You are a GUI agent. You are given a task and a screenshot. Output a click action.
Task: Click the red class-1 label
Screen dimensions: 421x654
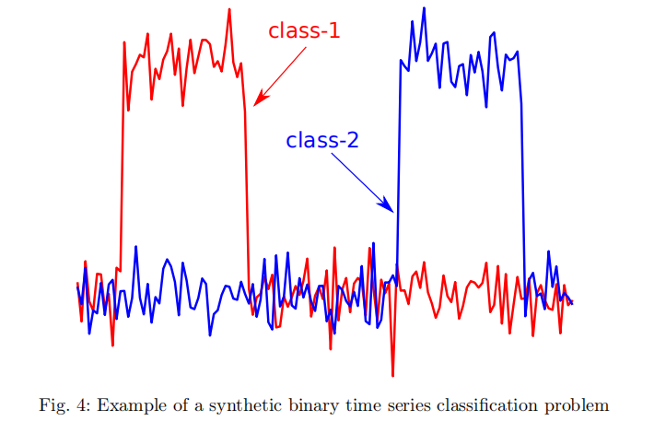click(304, 30)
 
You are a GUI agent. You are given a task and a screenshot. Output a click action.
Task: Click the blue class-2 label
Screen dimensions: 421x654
click(321, 141)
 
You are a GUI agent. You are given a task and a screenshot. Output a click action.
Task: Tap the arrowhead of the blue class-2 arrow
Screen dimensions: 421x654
click(391, 210)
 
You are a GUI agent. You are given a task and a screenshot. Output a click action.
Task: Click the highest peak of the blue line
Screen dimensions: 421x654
click(425, 8)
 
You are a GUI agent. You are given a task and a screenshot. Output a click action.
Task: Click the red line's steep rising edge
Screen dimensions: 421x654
click(122, 157)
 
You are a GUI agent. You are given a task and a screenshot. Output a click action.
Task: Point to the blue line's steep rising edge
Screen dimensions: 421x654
click(398, 166)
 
